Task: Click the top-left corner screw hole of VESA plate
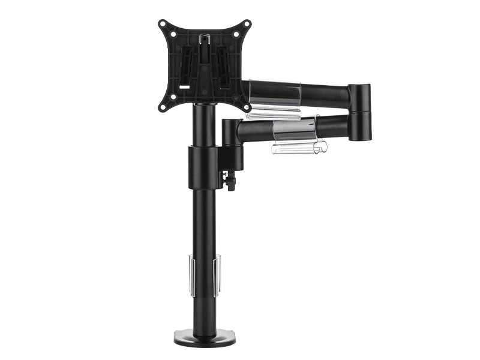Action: (x=162, y=25)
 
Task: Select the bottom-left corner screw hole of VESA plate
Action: (x=162, y=107)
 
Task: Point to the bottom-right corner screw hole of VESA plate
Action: (x=247, y=107)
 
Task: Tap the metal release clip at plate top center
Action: (x=204, y=41)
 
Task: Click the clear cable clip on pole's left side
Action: (x=190, y=275)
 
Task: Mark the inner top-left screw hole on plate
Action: (x=174, y=35)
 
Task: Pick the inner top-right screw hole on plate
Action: (x=235, y=35)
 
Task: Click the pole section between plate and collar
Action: (x=205, y=126)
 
